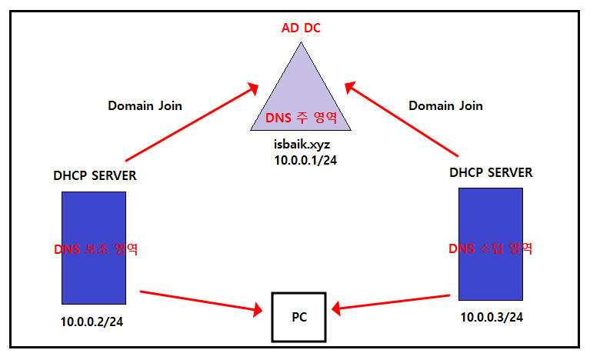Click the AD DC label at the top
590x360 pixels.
[301, 28]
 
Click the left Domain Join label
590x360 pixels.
[145, 105]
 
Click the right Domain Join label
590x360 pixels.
[445, 105]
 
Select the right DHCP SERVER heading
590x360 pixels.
[491, 172]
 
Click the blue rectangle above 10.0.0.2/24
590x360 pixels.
[94, 223]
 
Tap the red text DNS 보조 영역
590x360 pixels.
[95, 249]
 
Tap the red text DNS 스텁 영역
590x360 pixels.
[490, 248]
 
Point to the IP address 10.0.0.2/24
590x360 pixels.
[92, 322]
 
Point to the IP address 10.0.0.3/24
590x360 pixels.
[492, 317]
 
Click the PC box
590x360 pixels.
[298, 316]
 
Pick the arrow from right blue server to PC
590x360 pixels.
[394, 302]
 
